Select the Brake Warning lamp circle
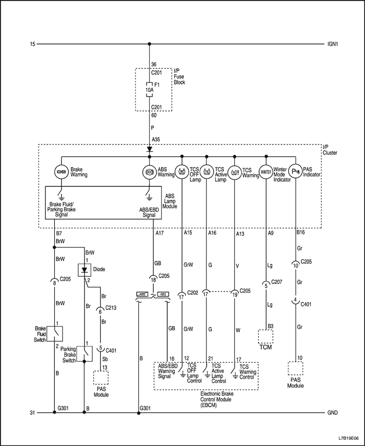pyautogui.click(x=61, y=172)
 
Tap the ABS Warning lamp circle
pyautogui.click(x=150, y=172)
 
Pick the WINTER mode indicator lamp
pyautogui.click(x=266, y=172)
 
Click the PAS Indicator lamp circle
pyautogui.click(x=295, y=172)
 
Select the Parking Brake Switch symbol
pyautogui.click(x=84, y=353)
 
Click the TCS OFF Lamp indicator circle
pyautogui.click(x=182, y=172)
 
